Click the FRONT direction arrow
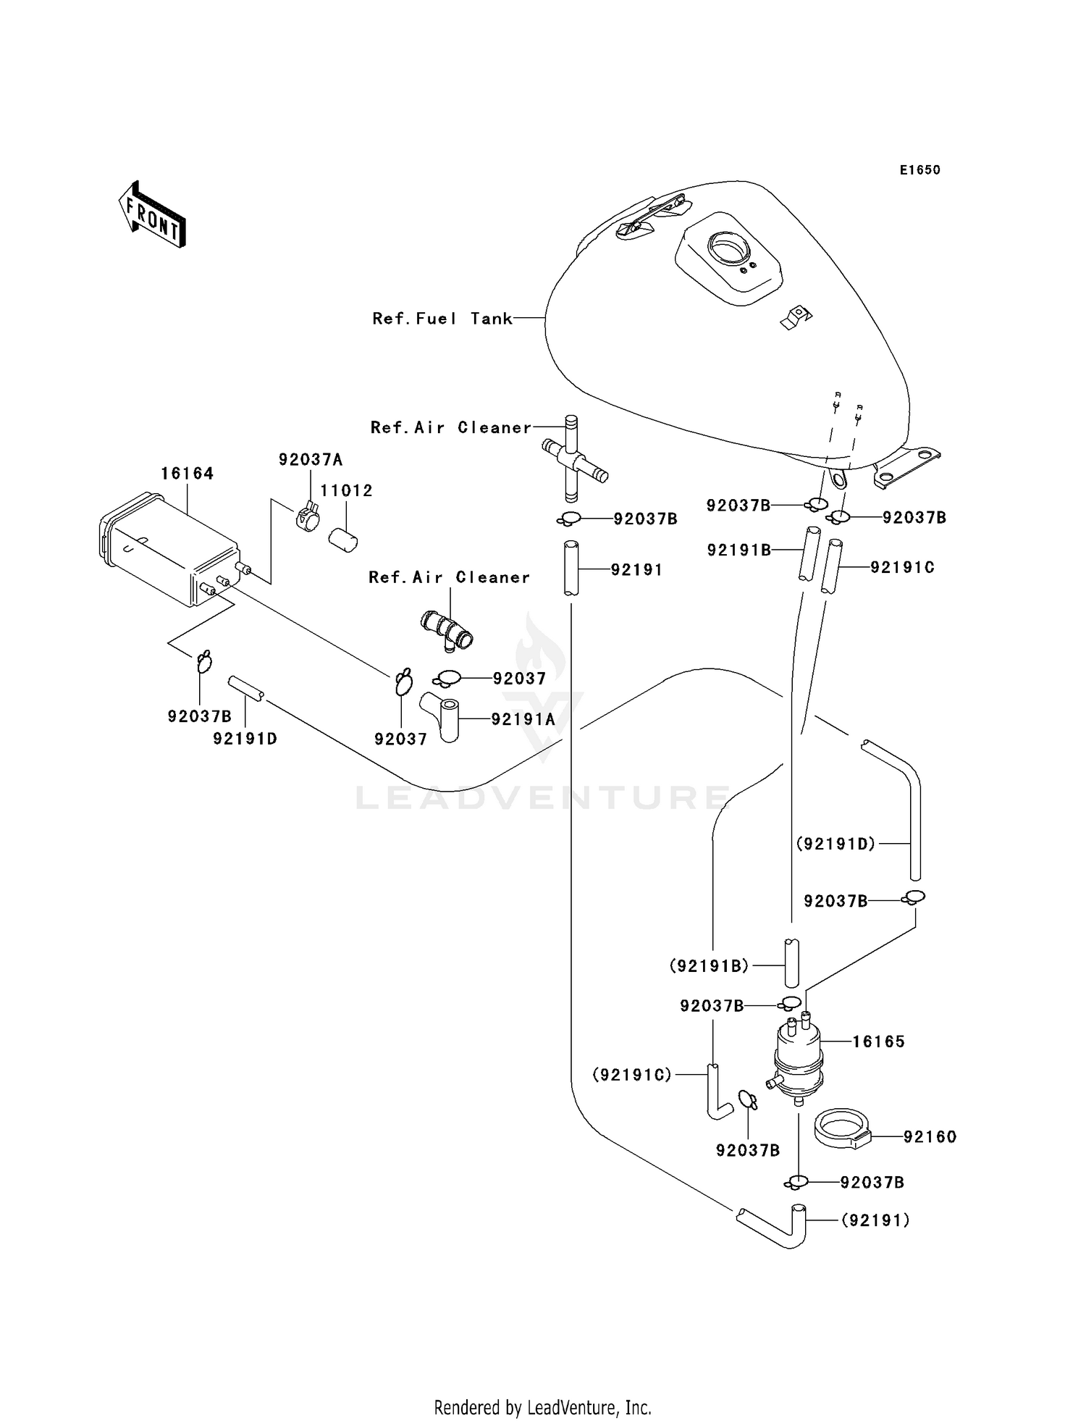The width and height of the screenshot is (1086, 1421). tap(152, 216)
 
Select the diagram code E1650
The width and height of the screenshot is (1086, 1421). tap(919, 170)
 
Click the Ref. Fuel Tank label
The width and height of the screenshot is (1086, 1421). tap(442, 319)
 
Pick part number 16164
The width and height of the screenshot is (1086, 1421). tap(187, 474)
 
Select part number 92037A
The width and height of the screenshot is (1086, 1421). tap(311, 460)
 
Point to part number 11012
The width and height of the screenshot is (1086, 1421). tap(346, 491)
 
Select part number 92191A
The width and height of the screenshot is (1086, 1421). tap(523, 719)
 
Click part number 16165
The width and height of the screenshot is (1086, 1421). tap(878, 1041)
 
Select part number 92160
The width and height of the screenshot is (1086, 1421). tap(930, 1138)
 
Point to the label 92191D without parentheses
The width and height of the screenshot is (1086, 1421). tap(245, 739)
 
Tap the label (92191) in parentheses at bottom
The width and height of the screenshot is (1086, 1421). tap(875, 1221)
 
